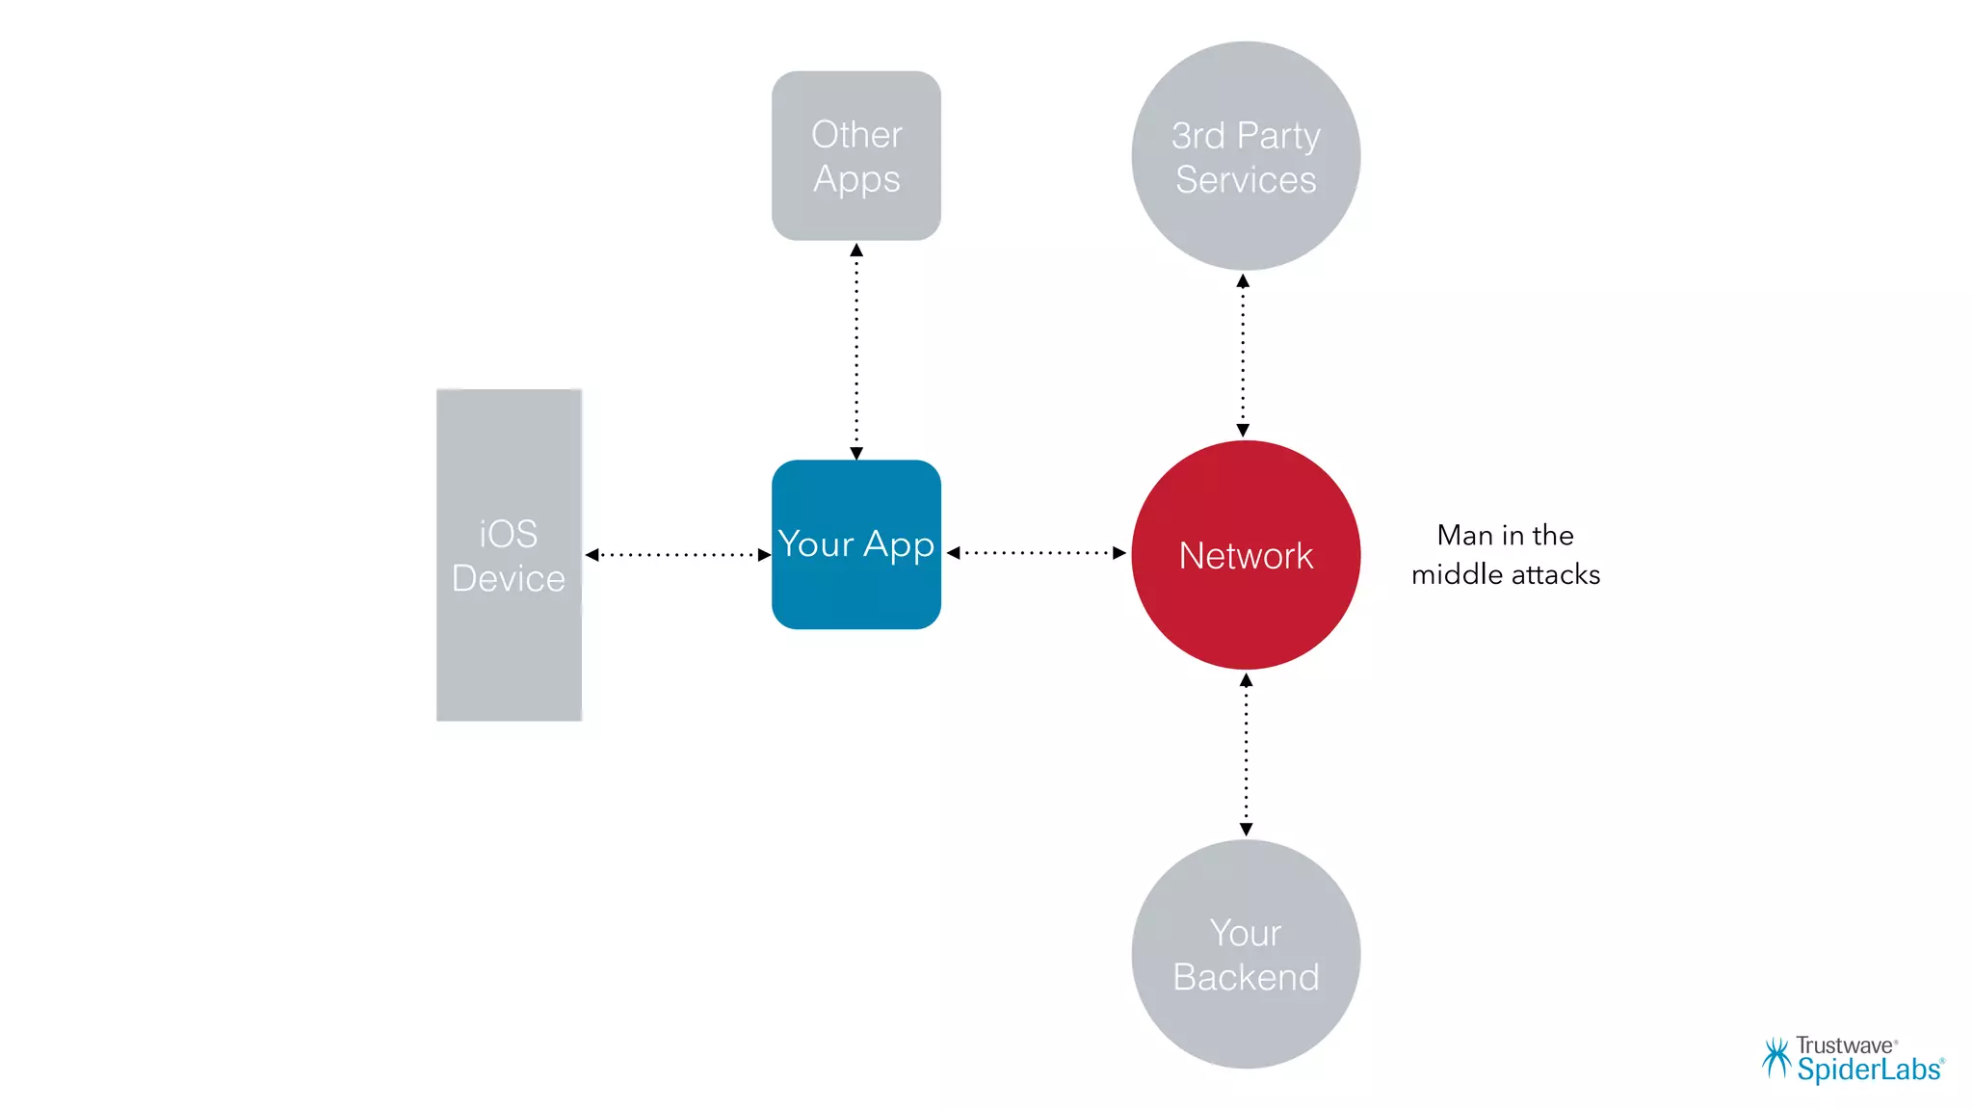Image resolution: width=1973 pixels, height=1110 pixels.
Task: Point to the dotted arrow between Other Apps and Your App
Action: (x=856, y=351)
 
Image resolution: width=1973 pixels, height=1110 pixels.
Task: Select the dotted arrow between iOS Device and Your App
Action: (x=677, y=555)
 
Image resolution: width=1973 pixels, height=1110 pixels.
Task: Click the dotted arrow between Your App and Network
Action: (x=1037, y=553)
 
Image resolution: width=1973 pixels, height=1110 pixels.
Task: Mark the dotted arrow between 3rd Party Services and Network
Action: (x=1243, y=356)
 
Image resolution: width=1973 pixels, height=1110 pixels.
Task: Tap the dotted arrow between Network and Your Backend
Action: (x=1246, y=754)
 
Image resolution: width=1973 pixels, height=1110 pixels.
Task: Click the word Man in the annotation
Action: (x=1463, y=536)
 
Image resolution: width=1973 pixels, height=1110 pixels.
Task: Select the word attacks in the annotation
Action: (x=1556, y=575)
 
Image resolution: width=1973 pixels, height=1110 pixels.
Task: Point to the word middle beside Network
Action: (x=1453, y=575)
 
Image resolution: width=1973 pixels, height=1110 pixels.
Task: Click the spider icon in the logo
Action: (x=1776, y=1058)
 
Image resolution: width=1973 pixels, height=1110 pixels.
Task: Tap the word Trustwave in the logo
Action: (x=1844, y=1045)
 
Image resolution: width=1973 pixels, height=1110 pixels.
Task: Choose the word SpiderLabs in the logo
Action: (x=1868, y=1070)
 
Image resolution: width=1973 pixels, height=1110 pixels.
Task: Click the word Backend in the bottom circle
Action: (x=1246, y=978)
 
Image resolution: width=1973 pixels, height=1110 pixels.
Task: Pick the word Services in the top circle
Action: (x=1246, y=180)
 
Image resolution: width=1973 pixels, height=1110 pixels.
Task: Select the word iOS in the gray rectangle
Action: (x=509, y=534)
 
